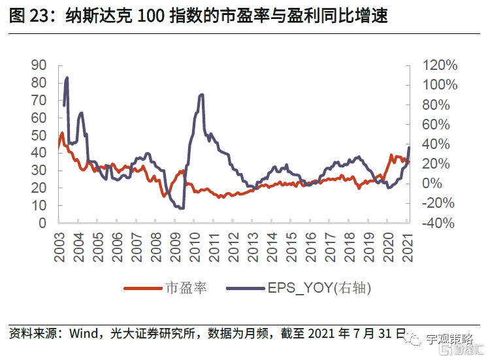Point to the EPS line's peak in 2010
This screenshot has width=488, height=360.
click(x=201, y=95)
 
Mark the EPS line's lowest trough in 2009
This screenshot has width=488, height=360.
click(x=181, y=208)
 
